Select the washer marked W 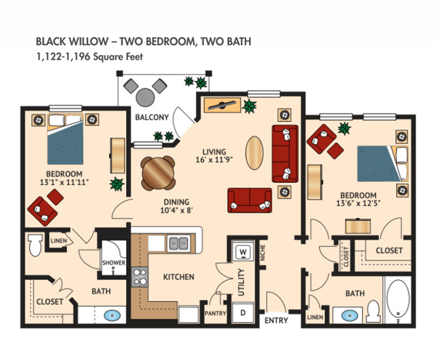(243, 254)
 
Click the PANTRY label (216, 314)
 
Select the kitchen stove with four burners (140, 277)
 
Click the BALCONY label (152, 117)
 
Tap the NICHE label (263, 254)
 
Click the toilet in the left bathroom (33, 246)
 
